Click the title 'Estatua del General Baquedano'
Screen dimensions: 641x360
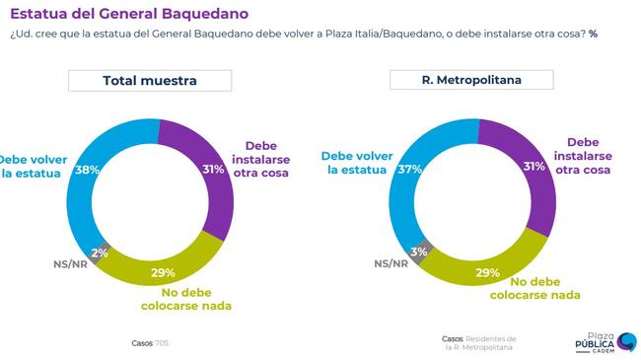tap(129, 14)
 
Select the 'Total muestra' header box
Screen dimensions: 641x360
tap(150, 81)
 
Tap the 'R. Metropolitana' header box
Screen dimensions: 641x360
tap(471, 80)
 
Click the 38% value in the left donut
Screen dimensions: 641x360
tap(88, 170)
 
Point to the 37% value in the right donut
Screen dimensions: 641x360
tap(409, 169)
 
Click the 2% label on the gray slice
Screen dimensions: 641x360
tap(100, 252)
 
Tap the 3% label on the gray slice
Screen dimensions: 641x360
tap(419, 252)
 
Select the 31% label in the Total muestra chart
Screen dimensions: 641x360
tap(213, 169)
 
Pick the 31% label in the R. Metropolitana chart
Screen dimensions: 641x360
tap(534, 166)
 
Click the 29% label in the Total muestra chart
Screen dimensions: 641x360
tap(163, 272)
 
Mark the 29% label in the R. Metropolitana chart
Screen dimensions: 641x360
tap(488, 272)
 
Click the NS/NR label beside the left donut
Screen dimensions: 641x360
tap(70, 264)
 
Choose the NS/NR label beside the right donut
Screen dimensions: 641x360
tap(392, 264)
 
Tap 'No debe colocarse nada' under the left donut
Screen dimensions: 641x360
tap(186, 299)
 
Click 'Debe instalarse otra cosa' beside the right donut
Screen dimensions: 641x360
tap(583, 156)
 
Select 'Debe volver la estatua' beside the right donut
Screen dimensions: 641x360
tap(357, 163)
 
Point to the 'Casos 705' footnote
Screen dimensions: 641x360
tap(150, 343)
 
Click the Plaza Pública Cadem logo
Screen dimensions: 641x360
tap(605, 342)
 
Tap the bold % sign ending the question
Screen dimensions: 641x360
tap(593, 34)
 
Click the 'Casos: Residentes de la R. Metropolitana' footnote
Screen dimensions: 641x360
tap(478, 343)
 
